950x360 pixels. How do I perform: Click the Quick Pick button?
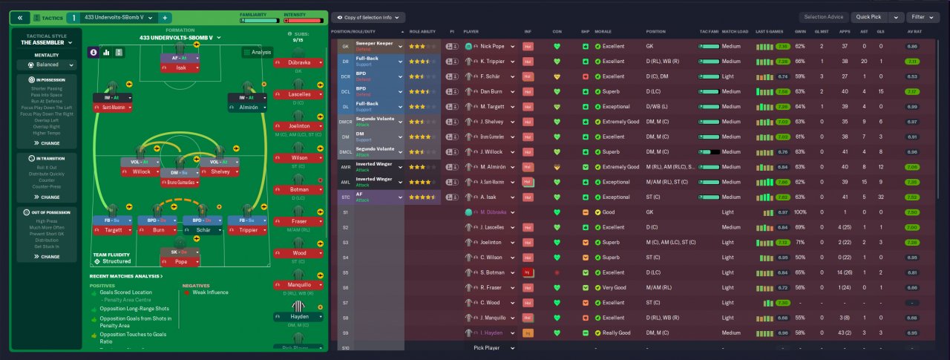[x=868, y=17]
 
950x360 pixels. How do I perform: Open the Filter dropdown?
[x=923, y=17]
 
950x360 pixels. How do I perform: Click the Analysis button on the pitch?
[x=257, y=53]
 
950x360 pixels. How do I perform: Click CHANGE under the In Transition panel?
[x=47, y=197]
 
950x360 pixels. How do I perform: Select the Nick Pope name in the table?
[x=493, y=46]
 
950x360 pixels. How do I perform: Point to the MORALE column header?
[x=603, y=32]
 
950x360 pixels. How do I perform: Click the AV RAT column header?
[x=914, y=32]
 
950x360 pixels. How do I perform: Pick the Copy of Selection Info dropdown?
[x=368, y=17]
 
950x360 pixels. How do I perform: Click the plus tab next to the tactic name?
[x=165, y=17]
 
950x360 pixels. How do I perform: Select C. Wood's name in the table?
[x=491, y=302]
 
